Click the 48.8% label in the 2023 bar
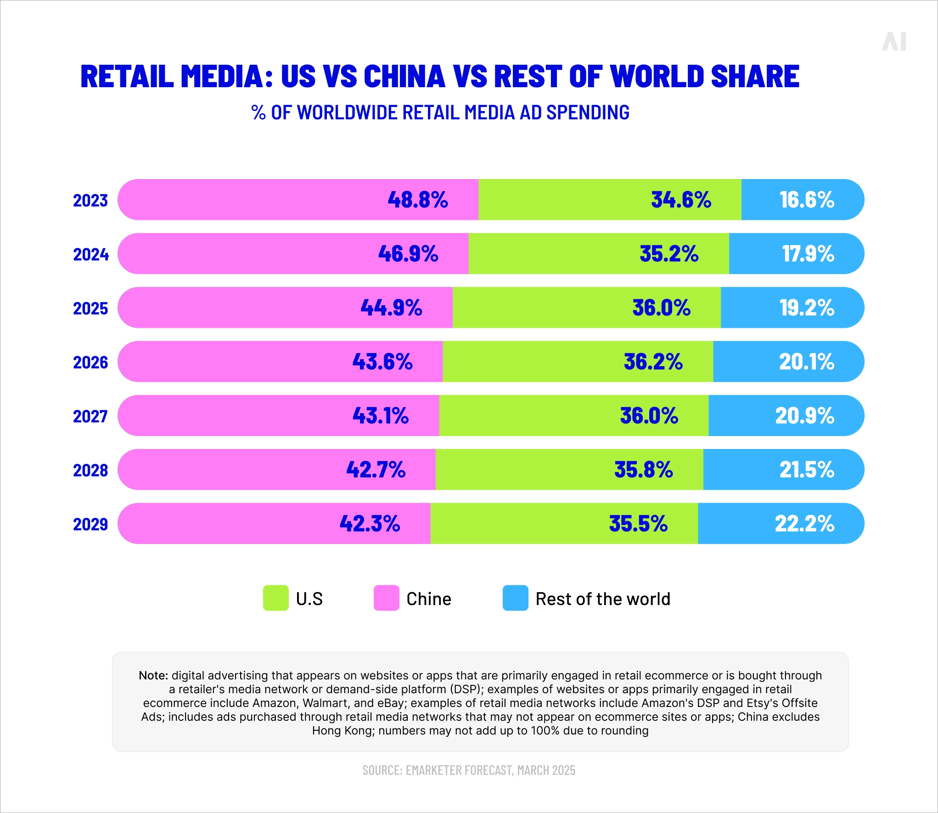click(x=417, y=200)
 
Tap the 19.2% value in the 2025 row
click(x=806, y=308)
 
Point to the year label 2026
click(x=90, y=362)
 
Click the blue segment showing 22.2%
click(x=781, y=523)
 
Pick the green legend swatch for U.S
click(x=275, y=598)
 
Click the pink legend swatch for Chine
click(x=386, y=598)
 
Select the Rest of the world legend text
click(x=602, y=599)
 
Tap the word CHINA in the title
click(x=404, y=76)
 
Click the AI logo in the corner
click(x=894, y=42)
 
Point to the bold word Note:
click(x=153, y=675)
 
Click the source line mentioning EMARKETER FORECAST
click(x=469, y=770)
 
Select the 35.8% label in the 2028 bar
click(x=643, y=470)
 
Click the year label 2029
click(x=90, y=524)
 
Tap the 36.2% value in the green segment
click(x=653, y=362)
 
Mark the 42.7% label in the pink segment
click(x=376, y=470)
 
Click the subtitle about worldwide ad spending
click(x=440, y=112)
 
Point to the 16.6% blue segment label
click(x=806, y=200)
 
